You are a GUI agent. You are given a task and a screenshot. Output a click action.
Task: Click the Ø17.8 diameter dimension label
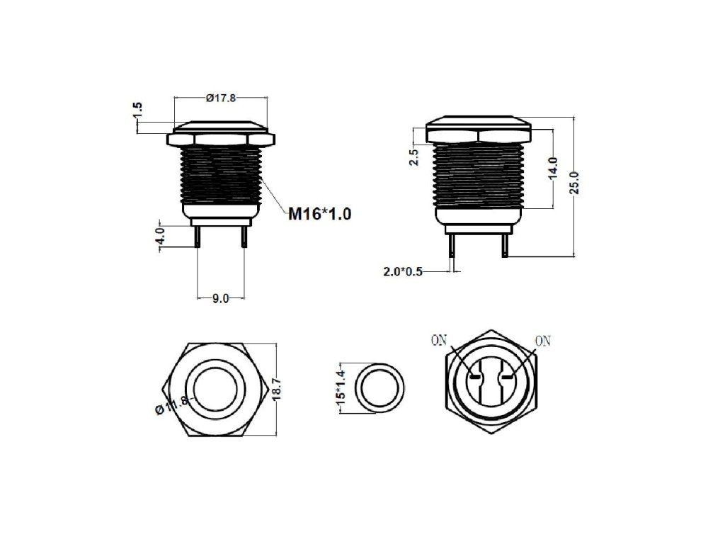pyautogui.click(x=221, y=98)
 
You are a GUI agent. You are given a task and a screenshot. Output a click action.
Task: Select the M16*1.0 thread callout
pyautogui.click(x=319, y=214)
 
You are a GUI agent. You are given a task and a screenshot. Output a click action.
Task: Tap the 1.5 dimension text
pyautogui.click(x=137, y=111)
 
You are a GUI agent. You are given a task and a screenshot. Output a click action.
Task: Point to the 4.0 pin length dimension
pyautogui.click(x=160, y=236)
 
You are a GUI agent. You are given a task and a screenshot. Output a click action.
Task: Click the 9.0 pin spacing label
pyautogui.click(x=221, y=299)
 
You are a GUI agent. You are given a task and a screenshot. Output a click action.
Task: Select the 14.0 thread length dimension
pyautogui.click(x=552, y=167)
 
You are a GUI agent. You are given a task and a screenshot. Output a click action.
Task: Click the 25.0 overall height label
pyautogui.click(x=573, y=182)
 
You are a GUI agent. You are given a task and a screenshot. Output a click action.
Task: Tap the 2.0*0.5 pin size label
pyautogui.click(x=403, y=271)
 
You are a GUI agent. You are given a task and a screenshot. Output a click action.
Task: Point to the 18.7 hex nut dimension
pyautogui.click(x=277, y=390)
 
